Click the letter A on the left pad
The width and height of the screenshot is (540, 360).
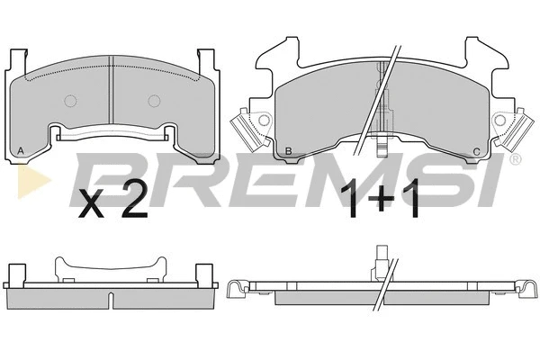coord(21,149)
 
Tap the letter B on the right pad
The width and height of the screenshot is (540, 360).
coord(287,150)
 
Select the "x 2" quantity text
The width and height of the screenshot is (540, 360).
coord(113,202)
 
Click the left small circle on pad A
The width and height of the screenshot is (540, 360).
coord(68,99)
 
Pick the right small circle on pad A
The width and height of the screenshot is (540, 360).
coord(153,99)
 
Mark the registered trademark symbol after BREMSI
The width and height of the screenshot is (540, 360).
coord(514,159)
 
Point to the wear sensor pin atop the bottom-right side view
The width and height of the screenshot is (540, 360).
coord(381,257)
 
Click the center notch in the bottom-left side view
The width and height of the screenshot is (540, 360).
coord(110,296)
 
